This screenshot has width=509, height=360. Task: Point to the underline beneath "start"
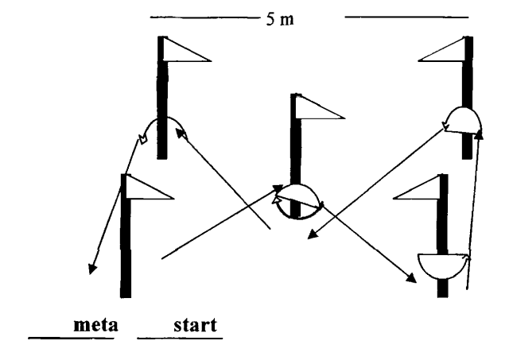coord(179,337)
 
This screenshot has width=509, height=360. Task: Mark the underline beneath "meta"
coord(72,337)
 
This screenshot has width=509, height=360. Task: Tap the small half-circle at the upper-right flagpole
coord(462,119)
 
